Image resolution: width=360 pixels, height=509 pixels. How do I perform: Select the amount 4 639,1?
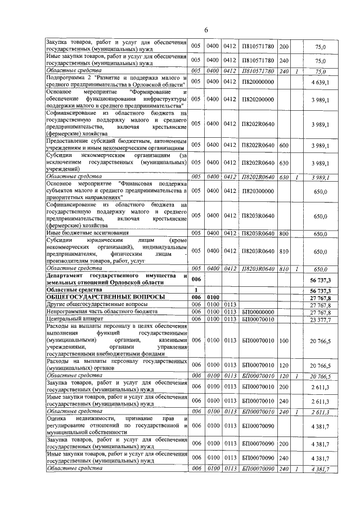click(321, 82)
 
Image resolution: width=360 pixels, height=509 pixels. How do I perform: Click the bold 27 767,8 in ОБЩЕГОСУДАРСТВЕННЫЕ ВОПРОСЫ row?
click(319, 296)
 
